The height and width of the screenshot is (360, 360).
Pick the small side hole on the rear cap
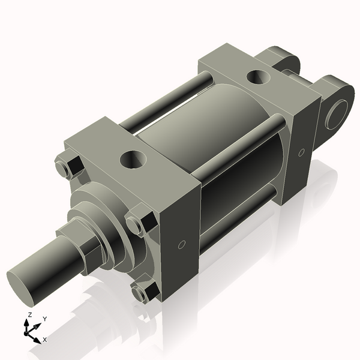pyautogui.click(x=301, y=152)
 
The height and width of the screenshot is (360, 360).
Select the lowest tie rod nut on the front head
pyautogui.click(x=143, y=292)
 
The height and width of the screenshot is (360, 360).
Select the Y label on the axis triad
pyautogui.click(x=45, y=319)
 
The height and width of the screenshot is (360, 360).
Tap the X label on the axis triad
pyautogui.click(x=45, y=340)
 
